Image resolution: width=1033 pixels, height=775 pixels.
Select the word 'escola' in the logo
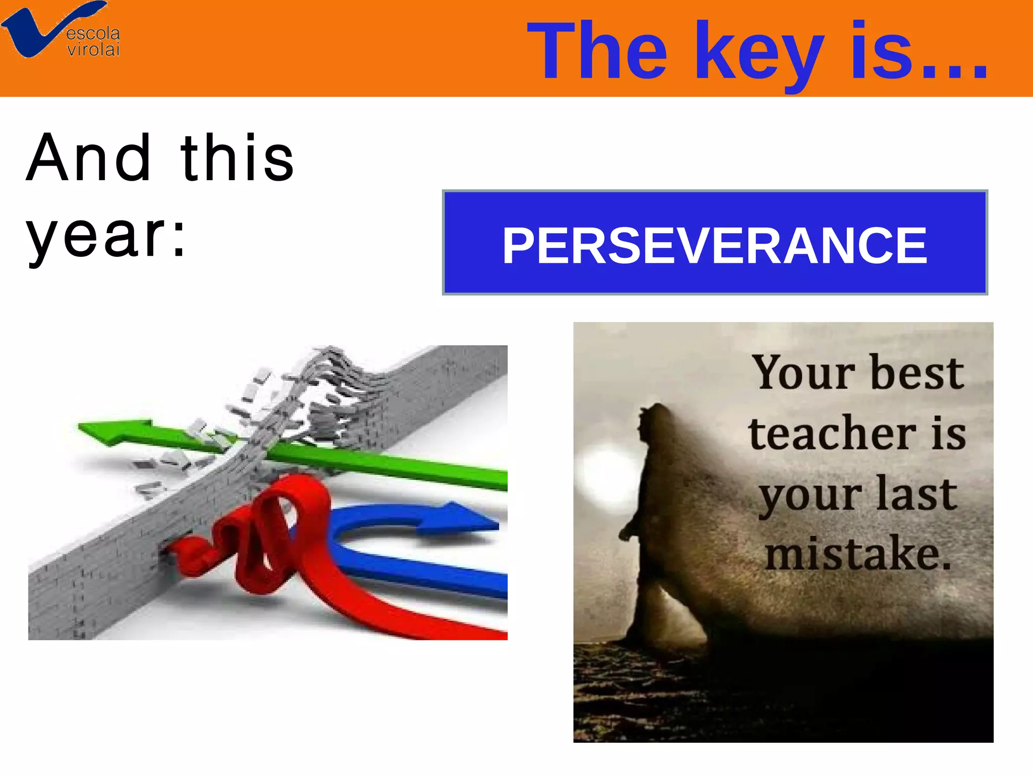pyautogui.click(x=93, y=34)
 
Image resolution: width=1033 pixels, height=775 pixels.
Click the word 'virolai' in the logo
pyautogui.click(x=94, y=49)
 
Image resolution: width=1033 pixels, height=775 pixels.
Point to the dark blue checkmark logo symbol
pyautogui.click(x=35, y=30)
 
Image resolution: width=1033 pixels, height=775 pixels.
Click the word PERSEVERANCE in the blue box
pyautogui.click(x=715, y=246)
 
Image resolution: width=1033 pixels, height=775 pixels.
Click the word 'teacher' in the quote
pyautogui.click(x=832, y=434)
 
